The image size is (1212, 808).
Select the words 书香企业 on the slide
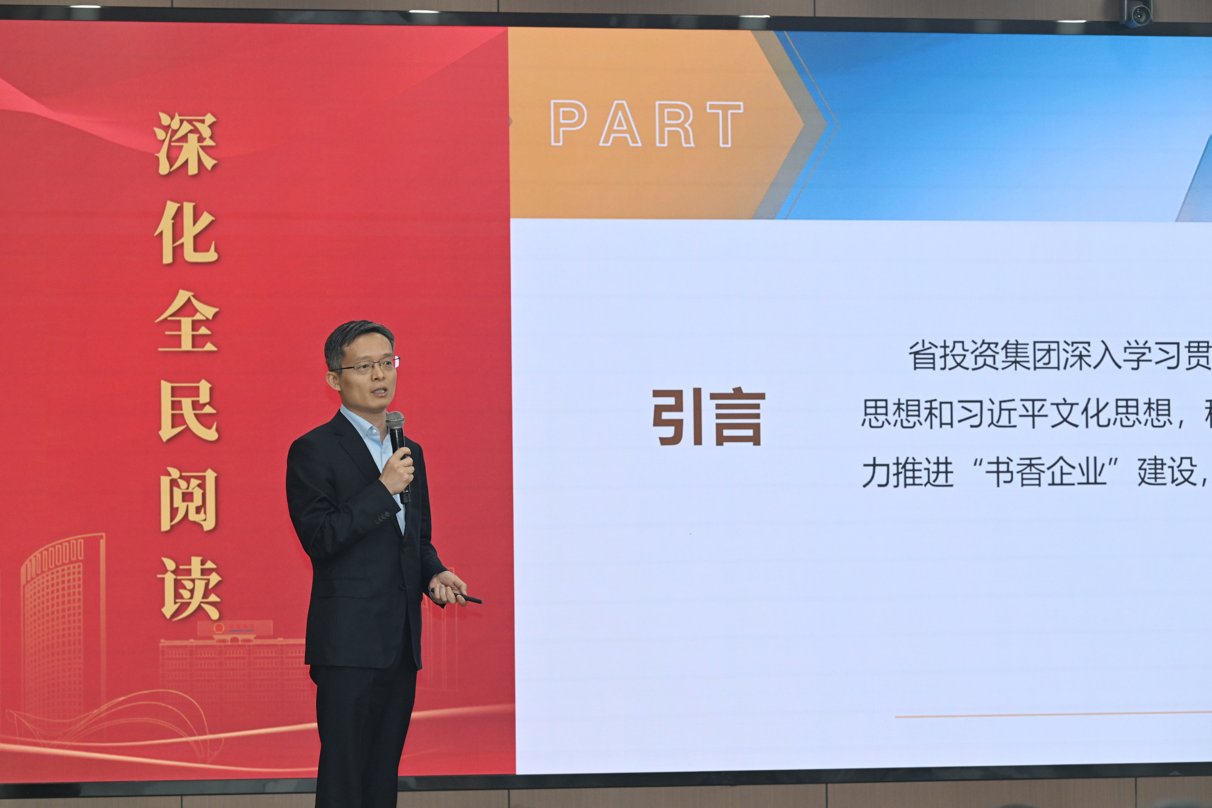1046,473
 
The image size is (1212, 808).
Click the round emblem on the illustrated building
219,629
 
